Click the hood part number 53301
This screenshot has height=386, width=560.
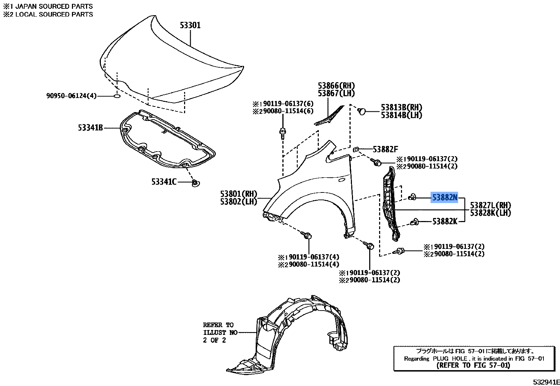190,25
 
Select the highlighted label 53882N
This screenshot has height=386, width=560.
445,198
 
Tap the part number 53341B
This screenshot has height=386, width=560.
90,128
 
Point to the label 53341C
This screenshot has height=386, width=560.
164,182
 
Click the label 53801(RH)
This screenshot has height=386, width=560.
239,194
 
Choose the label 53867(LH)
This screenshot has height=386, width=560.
336,93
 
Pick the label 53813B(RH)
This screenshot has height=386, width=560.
401,108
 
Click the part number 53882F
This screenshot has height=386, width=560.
385,149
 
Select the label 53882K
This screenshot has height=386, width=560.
445,221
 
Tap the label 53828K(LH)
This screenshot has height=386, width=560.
490,213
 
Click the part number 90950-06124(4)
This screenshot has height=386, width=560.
71,96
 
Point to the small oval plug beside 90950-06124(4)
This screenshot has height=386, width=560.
117,96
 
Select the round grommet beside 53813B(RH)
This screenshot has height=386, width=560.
361,111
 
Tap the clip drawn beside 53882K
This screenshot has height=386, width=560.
415,222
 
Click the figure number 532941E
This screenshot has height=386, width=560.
546,382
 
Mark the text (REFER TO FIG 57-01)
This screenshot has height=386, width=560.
473,365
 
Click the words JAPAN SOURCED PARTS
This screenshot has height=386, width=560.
53,6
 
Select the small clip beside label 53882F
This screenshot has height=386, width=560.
355,149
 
